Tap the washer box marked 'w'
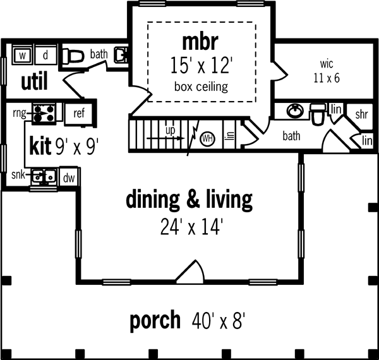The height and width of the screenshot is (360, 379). pyautogui.click(x=23, y=56)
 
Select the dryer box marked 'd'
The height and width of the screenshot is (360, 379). pyautogui.click(x=45, y=56)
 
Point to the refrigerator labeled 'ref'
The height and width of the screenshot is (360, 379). pyautogui.click(x=79, y=114)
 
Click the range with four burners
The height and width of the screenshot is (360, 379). pyautogui.click(x=45, y=113)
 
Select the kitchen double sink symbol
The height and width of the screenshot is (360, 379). pyautogui.click(x=44, y=176)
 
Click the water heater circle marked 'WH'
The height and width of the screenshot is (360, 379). pyautogui.click(x=207, y=137)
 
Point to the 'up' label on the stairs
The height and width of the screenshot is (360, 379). pyautogui.click(x=170, y=130)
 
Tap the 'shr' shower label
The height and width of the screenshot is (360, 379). pyautogui.click(x=361, y=114)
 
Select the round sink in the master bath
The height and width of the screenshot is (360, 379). pyautogui.click(x=294, y=112)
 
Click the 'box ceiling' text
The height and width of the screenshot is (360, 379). pyautogui.click(x=201, y=86)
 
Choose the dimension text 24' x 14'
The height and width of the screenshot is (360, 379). pyautogui.click(x=189, y=225)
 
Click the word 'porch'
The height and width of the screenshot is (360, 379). pyautogui.click(x=155, y=321)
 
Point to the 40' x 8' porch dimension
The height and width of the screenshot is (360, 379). pyautogui.click(x=218, y=321)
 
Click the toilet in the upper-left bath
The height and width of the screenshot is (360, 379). pyautogui.click(x=74, y=56)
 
